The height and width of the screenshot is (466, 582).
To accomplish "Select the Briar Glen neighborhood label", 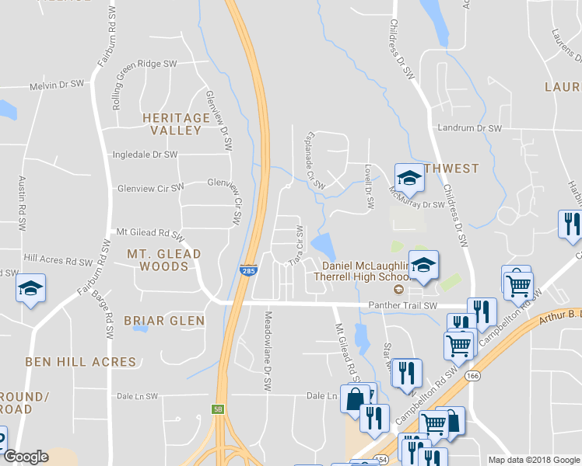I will (164, 321).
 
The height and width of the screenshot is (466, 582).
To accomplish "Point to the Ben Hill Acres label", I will (81, 362).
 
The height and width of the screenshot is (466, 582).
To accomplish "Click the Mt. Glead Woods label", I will (164, 259).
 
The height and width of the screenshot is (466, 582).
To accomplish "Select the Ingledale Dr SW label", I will (145, 155).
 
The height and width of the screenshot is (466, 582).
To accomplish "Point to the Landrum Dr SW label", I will (469, 127).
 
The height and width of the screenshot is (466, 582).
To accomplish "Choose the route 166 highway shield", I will (472, 376).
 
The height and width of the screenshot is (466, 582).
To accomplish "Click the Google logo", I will (26, 457).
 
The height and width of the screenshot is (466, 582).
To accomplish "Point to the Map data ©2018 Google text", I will (533, 460).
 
